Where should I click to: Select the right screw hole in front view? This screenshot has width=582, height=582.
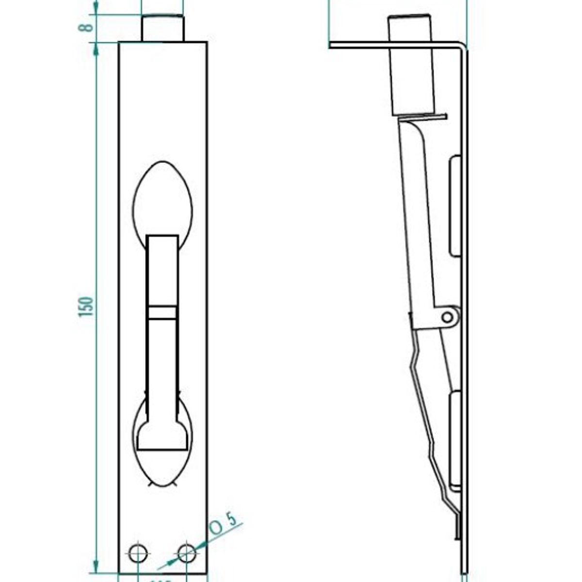pos(187,553)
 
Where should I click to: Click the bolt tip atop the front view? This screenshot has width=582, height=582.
pos(162,29)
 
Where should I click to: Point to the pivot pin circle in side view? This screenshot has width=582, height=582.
pos(448,317)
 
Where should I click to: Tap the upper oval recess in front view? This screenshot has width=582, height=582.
pos(162,199)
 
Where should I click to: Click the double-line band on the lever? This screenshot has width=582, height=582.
pos(162,313)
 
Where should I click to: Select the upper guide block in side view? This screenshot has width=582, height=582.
pos(455,206)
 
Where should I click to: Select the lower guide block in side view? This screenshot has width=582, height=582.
pos(455,439)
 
